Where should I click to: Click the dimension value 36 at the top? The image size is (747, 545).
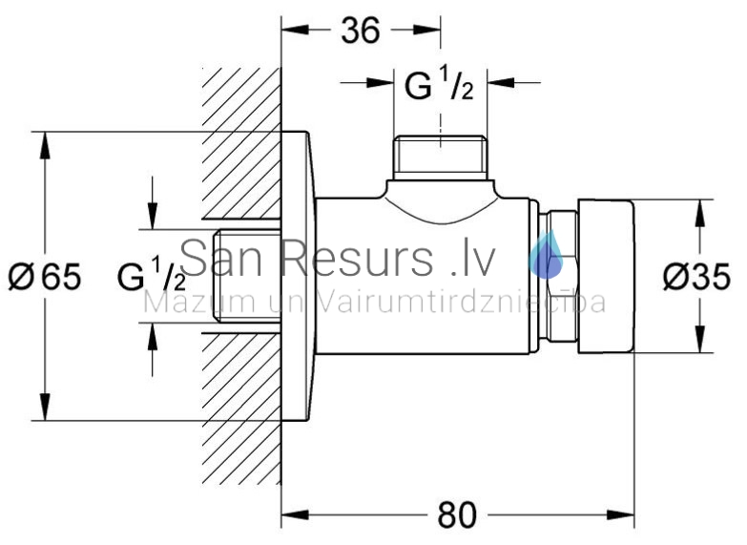tap(361, 31)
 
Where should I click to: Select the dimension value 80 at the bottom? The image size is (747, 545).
tap(456, 515)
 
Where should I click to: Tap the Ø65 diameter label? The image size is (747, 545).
tap(45, 276)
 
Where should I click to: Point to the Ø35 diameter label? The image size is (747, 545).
tap(697, 277)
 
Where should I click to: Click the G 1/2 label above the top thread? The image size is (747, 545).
tap(439, 84)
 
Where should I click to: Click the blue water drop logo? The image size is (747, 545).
tap(546, 255)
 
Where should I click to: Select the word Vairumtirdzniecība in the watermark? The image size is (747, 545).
tap(460, 303)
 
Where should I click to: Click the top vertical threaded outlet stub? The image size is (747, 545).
tap(441, 157)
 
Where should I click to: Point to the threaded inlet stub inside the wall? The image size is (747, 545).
tap(247, 276)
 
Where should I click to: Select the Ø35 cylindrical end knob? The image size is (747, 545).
tap(606, 277)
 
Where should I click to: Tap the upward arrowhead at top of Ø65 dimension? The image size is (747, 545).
tap(45, 145)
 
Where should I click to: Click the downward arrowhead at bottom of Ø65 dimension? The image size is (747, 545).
tap(45, 407)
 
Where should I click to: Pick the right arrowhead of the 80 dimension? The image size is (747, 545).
tap(620, 515)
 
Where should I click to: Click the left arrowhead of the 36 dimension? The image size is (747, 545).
tap(295, 30)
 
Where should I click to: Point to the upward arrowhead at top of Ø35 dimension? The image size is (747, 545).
tap(699, 213)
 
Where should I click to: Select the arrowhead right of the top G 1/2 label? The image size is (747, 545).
tap(501, 82)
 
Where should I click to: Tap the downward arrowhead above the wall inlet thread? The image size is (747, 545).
tap(153, 216)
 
